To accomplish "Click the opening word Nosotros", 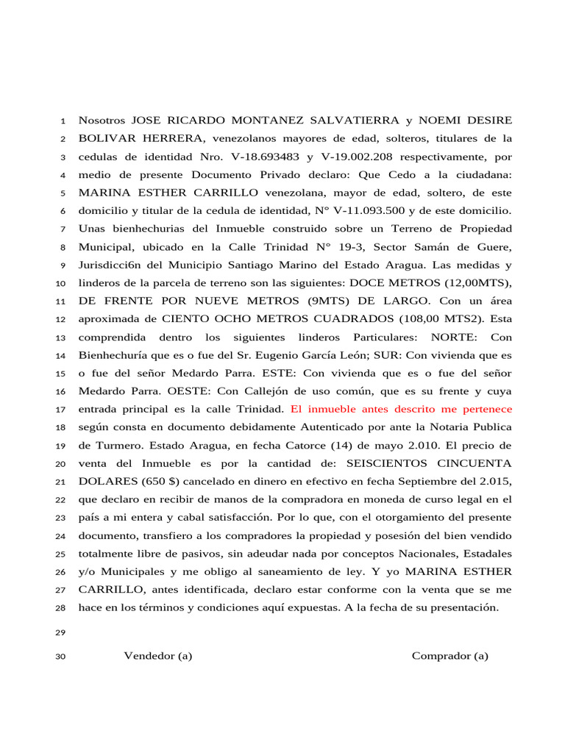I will click(x=102, y=120).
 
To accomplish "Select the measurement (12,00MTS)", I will click(x=477, y=283).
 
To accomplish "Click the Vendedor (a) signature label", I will click(x=157, y=656).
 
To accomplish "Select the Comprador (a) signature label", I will click(x=449, y=656).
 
